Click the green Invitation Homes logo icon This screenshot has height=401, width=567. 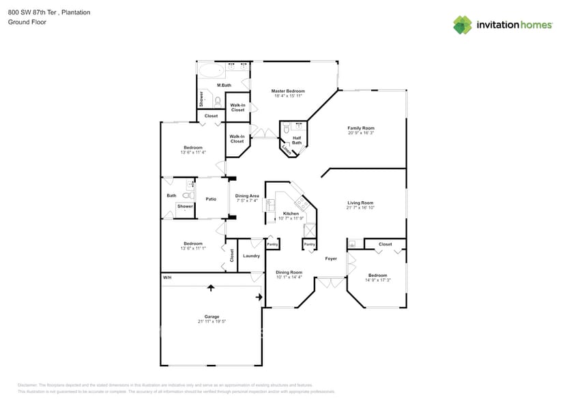463,25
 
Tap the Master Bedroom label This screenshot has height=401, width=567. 287,91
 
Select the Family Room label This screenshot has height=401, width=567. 361,128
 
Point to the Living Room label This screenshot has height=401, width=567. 360,203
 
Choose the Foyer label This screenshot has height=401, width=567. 331,258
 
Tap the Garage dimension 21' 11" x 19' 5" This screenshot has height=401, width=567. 211,321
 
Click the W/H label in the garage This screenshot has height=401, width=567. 167,278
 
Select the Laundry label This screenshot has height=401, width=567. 251,256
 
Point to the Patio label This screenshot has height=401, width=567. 212,198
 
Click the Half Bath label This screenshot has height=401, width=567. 297,140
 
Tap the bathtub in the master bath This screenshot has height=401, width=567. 212,68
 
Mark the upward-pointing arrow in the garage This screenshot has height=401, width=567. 210,288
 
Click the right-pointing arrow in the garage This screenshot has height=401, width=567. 259,297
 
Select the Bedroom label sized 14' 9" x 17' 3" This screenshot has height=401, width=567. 377,276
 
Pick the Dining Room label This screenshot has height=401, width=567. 289,272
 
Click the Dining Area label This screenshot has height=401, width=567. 247,196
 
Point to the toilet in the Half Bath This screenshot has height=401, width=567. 287,127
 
